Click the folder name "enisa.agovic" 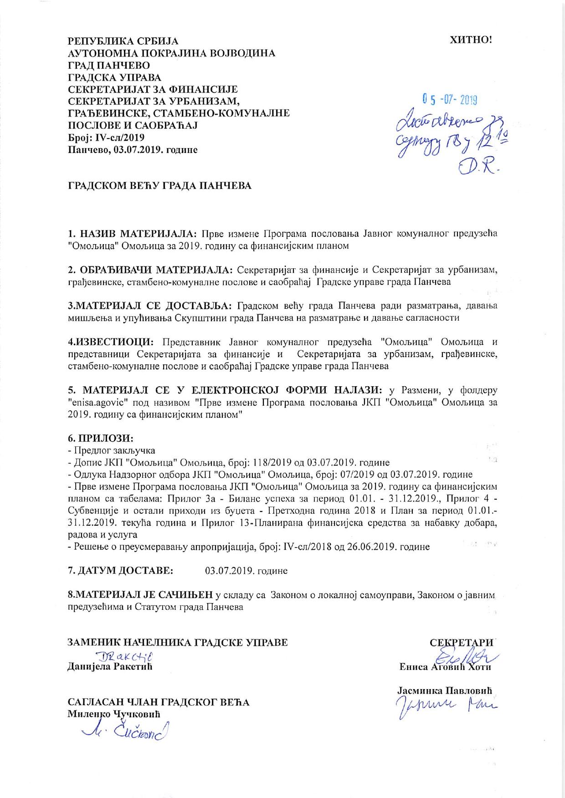pyautogui.click(x=97, y=403)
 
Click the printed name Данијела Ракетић pyautogui.click(x=109, y=667)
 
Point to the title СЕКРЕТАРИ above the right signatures pyautogui.click(x=461, y=643)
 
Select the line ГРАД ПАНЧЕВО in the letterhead pyautogui.click(x=109, y=65)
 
